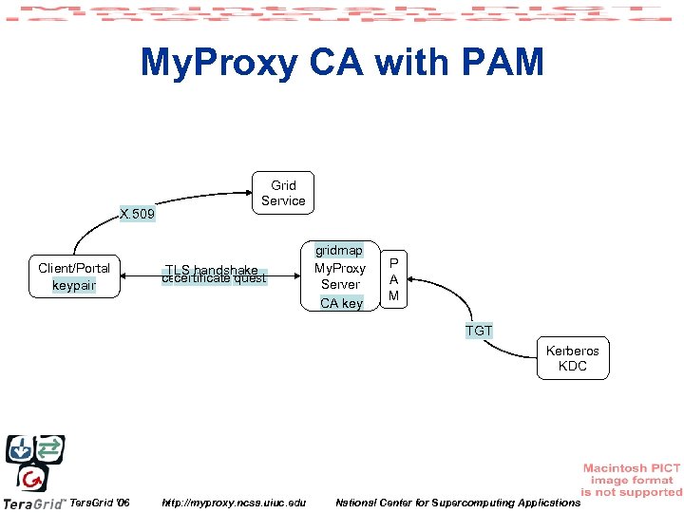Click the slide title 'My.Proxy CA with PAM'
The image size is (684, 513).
coord(342,64)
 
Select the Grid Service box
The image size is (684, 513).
coord(283,193)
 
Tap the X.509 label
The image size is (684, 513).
coord(138,215)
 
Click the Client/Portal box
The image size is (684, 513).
coord(74,275)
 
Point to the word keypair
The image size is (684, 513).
coord(74,285)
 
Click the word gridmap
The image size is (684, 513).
coord(340,251)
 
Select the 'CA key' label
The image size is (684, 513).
coord(340,303)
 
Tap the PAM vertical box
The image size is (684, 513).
coord(394,278)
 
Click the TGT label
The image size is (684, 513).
coord(479,331)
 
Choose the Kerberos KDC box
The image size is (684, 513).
coord(572,358)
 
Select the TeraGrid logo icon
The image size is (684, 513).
coord(35,462)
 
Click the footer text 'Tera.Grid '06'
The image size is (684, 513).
coord(101,502)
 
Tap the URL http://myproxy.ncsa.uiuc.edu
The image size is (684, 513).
coord(235,502)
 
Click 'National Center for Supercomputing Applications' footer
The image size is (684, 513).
coord(457,502)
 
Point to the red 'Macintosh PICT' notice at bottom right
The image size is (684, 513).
coord(631,480)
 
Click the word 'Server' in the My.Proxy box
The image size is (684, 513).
coord(340,284)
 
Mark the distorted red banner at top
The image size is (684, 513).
coord(342,14)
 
